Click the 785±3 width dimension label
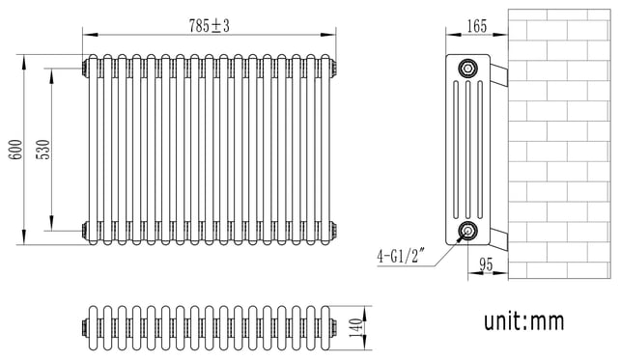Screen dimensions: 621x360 (x=209, y=26)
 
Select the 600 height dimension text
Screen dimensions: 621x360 (x=16, y=150)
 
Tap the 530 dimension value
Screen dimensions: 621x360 (x=43, y=150)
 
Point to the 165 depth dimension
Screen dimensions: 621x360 (x=476, y=26)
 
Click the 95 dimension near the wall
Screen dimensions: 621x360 (x=486, y=264)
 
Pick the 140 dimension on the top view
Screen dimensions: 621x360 (x=356, y=327)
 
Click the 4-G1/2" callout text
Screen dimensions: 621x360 (x=401, y=257)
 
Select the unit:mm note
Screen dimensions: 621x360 (x=524, y=320)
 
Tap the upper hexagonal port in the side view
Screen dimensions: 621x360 (x=467, y=69)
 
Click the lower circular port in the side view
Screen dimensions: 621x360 (x=467, y=231)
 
